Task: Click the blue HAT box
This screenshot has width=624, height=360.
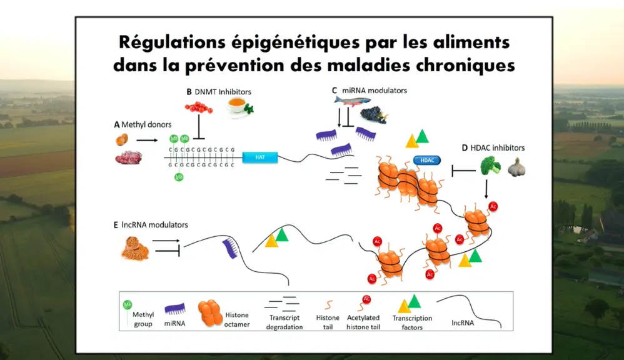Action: (260, 157)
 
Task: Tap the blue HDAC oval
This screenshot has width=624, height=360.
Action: (427, 160)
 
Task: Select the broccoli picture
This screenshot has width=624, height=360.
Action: (490, 166)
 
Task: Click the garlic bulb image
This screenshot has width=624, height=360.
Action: (516, 167)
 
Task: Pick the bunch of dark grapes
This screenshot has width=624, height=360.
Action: (373, 115)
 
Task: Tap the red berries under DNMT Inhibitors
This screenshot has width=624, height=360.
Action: (199, 107)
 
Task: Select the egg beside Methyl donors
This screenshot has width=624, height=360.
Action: (122, 139)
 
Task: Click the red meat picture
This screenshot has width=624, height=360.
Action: (129, 157)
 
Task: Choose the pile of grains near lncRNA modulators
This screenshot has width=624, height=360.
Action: (135, 248)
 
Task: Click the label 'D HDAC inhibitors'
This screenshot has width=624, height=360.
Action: (493, 148)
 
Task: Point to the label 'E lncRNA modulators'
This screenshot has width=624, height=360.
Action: (151, 225)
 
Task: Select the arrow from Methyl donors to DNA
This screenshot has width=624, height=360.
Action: (147, 140)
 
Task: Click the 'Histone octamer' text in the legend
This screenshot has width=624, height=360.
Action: (237, 320)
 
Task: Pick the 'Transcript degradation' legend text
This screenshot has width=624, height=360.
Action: (284, 322)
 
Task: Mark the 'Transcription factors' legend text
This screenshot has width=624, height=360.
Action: (412, 322)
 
